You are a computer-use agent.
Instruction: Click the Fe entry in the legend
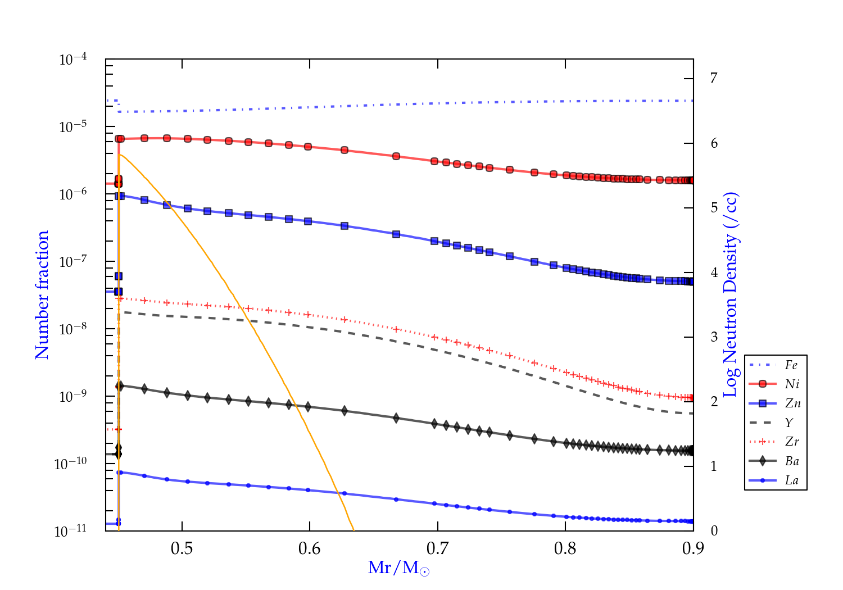tap(791, 365)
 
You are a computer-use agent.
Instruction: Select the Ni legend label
tap(792, 384)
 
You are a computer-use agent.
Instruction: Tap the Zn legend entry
tap(792, 403)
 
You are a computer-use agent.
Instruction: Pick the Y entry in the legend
tap(789, 423)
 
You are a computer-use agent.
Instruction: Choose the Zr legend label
tap(792, 442)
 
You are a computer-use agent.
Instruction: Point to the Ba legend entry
tap(792, 461)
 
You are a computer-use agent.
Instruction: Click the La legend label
tap(791, 480)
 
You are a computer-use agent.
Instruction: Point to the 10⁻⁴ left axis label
tap(73, 59)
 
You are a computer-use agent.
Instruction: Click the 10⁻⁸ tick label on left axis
tap(73, 329)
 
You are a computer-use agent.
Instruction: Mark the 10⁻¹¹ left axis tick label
tap(71, 530)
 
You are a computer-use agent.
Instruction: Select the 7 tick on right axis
tap(714, 78)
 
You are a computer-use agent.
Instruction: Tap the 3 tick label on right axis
tap(714, 337)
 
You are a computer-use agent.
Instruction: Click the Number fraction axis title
tap(43, 295)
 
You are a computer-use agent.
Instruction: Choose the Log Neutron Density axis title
tap(730, 295)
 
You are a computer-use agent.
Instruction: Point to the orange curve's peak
tap(120, 154)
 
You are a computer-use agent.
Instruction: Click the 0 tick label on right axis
tap(714, 531)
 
